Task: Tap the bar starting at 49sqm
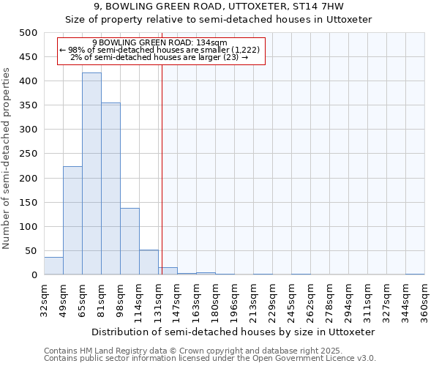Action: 72,220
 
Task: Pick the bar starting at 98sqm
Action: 130,242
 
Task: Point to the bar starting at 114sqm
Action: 149,262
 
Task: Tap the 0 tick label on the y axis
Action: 34,275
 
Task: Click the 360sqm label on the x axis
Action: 424,300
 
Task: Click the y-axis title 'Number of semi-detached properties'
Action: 7,158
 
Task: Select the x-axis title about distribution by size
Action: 234,332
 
